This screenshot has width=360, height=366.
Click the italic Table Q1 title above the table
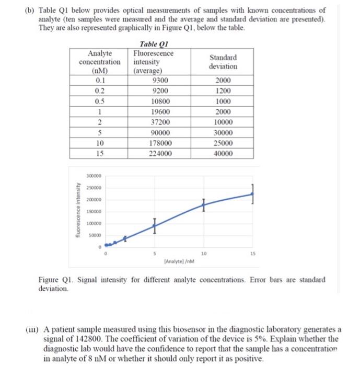(154, 45)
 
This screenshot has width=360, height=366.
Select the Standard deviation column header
(223, 62)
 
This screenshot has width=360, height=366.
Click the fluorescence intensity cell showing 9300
(159, 81)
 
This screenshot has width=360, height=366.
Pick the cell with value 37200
(159, 122)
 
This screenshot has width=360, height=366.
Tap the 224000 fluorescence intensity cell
(159, 154)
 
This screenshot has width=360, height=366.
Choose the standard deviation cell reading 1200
(223, 91)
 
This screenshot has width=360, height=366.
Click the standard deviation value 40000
(223, 154)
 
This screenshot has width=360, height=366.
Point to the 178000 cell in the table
(159, 143)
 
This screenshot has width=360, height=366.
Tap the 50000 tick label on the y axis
(96, 235)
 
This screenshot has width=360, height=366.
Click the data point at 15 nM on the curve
(253, 194)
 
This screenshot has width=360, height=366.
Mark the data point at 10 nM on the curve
(204, 204)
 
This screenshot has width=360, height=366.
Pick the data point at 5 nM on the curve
(154, 226)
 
